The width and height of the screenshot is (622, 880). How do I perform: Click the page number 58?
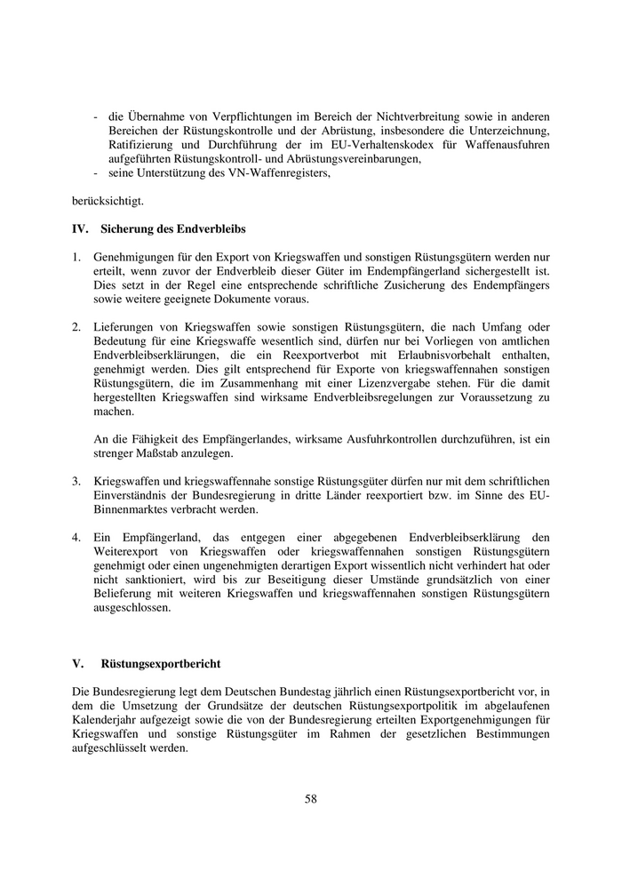pos(310,798)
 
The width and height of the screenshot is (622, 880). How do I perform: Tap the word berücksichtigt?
pos(106,201)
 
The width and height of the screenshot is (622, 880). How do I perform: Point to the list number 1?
pos(76,256)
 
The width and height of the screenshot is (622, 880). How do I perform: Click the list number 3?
pos(76,481)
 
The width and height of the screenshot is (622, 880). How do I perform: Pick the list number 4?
pos(76,538)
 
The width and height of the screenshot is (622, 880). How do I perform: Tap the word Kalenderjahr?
pos(108,720)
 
